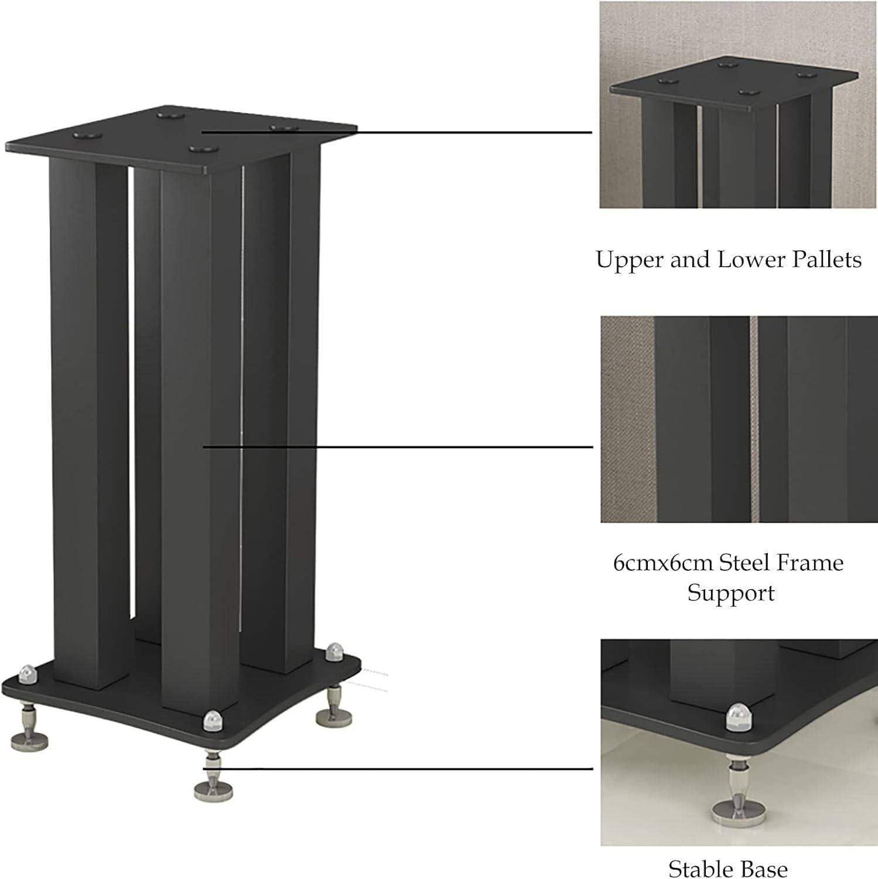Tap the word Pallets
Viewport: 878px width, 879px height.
coord(827,260)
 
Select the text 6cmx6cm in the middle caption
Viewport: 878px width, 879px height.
coord(662,563)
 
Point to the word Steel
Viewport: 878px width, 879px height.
coord(744,563)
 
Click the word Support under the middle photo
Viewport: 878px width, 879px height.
coord(731,594)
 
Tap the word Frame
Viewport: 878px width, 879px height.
coord(811,563)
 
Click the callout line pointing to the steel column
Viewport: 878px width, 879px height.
coord(398,447)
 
